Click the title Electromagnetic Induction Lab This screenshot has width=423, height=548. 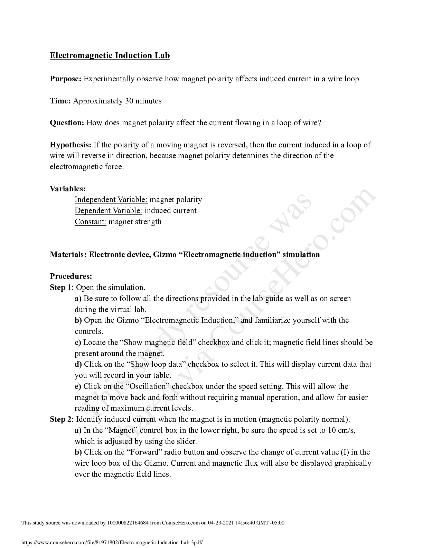[x=110, y=55]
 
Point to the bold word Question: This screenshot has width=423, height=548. [x=67, y=123]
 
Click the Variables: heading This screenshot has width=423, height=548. [x=67, y=189]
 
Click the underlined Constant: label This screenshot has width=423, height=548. [x=90, y=222]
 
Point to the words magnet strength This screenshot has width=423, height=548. [x=135, y=222]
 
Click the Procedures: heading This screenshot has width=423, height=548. [x=71, y=276]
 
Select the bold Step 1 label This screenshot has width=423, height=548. [x=61, y=287]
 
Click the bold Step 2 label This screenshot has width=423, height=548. [x=61, y=419]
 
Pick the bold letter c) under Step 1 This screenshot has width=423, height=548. [x=78, y=342]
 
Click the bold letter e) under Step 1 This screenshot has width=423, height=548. [x=78, y=386]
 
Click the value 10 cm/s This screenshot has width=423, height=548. [x=341, y=430]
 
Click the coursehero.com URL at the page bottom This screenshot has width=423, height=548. [x=112, y=543]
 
